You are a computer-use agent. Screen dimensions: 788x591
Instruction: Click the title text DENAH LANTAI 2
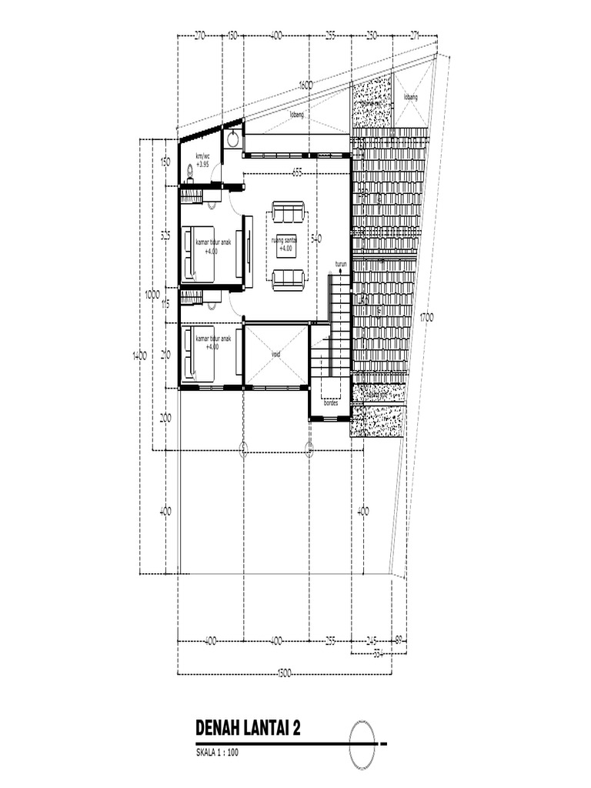(248, 729)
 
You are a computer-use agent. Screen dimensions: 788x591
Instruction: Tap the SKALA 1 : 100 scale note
(219, 754)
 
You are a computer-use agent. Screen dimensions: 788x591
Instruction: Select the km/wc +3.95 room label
(202, 160)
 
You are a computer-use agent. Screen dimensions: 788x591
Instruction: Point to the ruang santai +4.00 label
(284, 244)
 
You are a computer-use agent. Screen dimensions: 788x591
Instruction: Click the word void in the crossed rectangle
(276, 355)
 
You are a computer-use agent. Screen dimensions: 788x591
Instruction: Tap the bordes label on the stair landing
(331, 402)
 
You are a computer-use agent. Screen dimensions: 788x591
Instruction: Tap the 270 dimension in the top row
(200, 35)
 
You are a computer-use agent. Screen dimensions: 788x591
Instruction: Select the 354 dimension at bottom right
(377, 654)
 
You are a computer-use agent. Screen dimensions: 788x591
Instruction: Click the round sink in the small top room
(232, 139)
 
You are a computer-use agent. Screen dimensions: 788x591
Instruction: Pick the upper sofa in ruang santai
(288, 211)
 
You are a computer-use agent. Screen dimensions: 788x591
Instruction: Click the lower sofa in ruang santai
(288, 279)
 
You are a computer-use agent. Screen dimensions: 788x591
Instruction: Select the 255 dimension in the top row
(331, 35)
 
